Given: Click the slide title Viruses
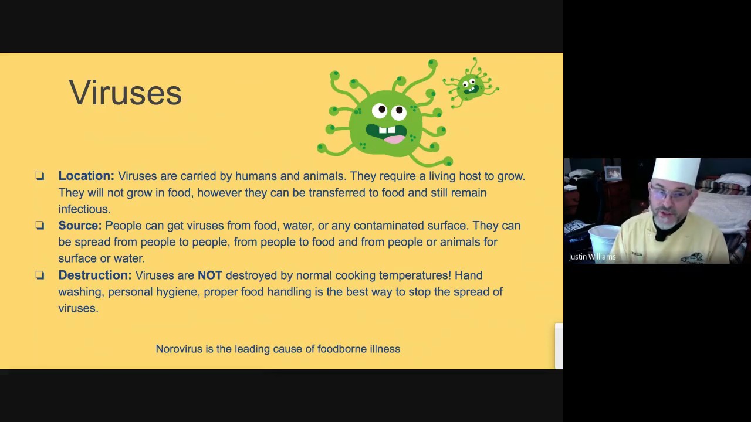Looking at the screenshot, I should (125, 93).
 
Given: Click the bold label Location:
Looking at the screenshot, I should (86, 176).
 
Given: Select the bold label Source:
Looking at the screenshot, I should (80, 226).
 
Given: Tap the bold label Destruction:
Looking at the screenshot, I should (95, 275).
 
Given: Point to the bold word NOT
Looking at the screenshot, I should (209, 275).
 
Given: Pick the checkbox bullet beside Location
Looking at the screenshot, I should (40, 176).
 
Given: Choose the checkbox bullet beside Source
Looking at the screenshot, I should (40, 226).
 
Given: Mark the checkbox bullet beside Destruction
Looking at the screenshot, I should (40, 275).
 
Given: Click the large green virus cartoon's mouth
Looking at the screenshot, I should (387, 132).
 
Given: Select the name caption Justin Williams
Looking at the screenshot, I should (592, 257).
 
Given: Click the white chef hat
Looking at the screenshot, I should (677, 171).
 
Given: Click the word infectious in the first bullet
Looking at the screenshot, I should (84, 209).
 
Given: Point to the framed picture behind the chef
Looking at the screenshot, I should (613, 173).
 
